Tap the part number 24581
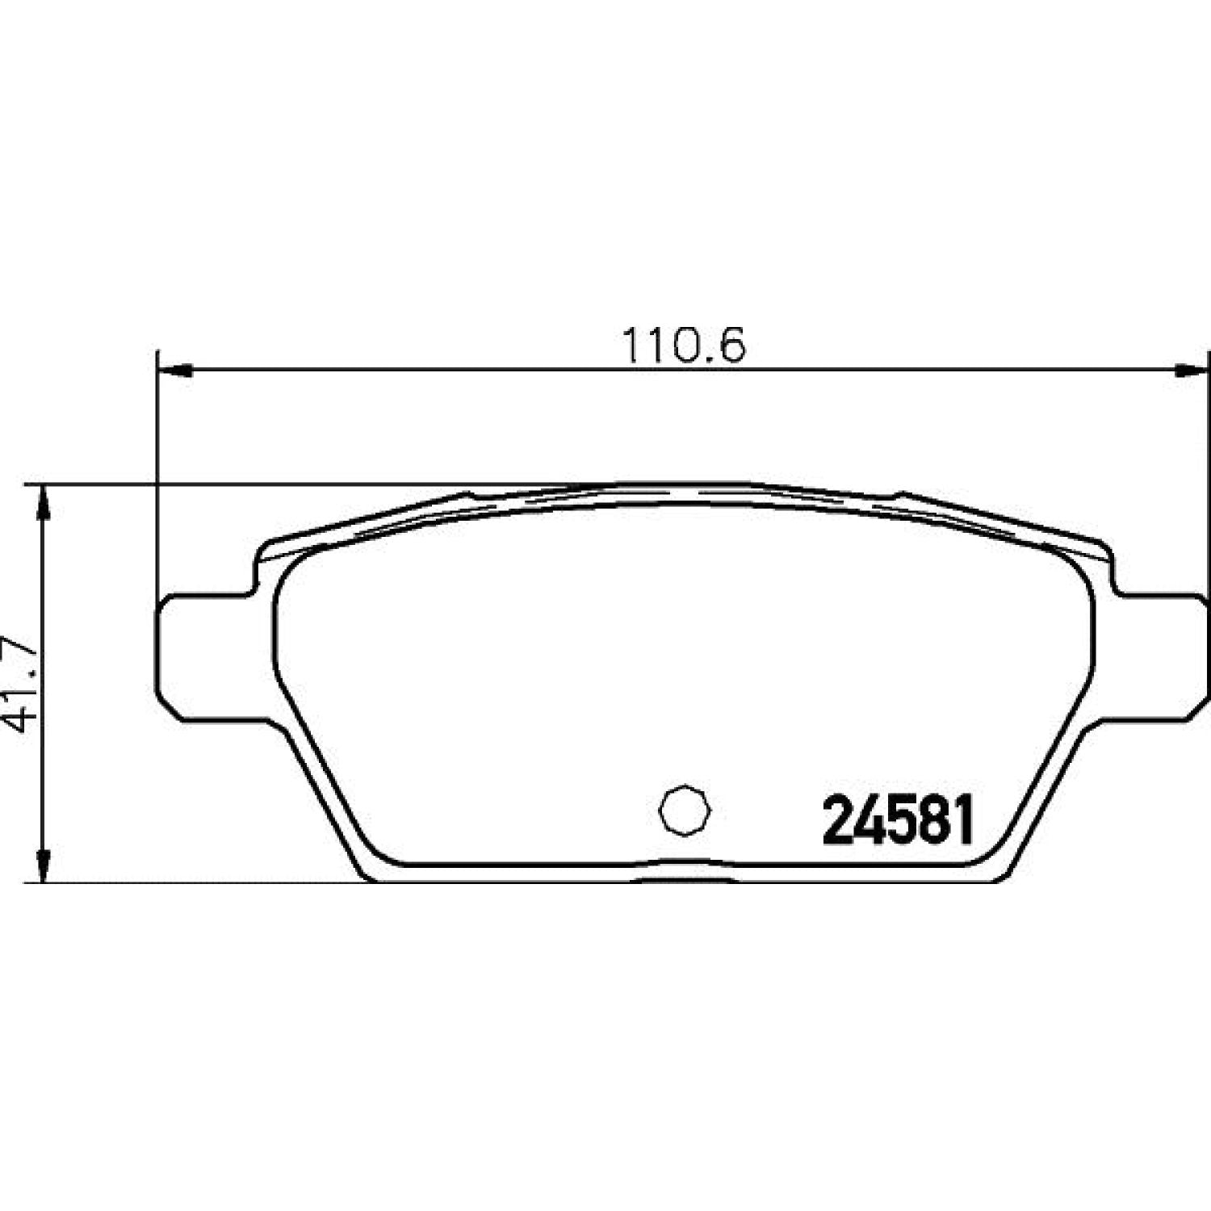tap(899, 821)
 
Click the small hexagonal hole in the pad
tap(685, 810)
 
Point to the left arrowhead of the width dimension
tap(174, 371)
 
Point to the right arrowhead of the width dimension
tap(1191, 371)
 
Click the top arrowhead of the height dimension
tap(45, 504)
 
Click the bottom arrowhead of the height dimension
tap(45, 863)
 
